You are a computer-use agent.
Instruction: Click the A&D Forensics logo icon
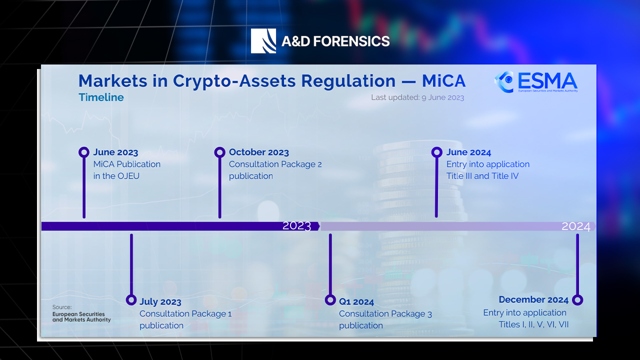tap(263, 41)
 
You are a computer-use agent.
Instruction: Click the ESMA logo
tap(535, 82)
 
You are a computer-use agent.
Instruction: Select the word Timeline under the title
tap(101, 97)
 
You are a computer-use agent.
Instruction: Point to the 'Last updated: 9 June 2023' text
tap(417, 97)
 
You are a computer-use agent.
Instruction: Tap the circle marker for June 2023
tap(84, 152)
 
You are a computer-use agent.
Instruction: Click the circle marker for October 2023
tap(219, 152)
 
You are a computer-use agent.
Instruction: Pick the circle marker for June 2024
tap(436, 152)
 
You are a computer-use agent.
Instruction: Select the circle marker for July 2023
tap(131, 300)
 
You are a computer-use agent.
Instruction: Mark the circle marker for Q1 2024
tap(330, 300)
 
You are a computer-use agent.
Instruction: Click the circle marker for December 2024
tap(577, 300)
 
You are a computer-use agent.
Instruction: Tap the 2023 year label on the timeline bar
tap(296, 226)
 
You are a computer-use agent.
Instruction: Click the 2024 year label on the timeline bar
tap(576, 226)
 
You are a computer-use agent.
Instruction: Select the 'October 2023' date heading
tap(259, 152)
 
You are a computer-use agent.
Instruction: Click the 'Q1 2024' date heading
tap(356, 302)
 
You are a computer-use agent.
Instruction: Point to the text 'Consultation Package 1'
tap(185, 314)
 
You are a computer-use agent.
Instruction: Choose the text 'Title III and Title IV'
tap(482, 176)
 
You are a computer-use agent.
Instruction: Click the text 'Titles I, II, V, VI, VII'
tap(533, 324)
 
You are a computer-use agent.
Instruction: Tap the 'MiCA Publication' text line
tap(127, 164)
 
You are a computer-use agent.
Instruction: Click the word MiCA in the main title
tap(443, 81)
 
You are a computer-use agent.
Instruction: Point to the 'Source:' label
tap(62, 307)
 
